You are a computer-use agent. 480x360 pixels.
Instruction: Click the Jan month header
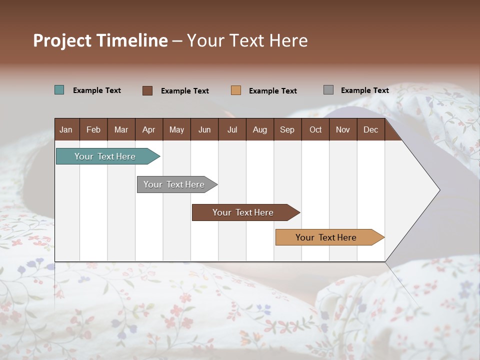tap(66, 129)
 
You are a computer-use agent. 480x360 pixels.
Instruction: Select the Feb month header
tap(93, 129)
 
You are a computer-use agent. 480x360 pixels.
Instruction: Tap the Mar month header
tap(121, 129)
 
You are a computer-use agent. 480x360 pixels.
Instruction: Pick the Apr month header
tap(149, 129)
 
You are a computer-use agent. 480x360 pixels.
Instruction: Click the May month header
tap(176, 129)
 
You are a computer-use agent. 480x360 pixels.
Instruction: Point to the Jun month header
tap(204, 129)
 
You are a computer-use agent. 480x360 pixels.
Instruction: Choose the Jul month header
tap(232, 129)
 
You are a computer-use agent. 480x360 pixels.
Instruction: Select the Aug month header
tap(260, 129)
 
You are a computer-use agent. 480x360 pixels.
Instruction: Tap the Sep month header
tap(287, 129)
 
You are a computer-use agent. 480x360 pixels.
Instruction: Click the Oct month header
tap(315, 129)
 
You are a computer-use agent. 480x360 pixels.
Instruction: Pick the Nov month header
tap(343, 129)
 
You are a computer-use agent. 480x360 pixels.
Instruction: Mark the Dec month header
tap(371, 129)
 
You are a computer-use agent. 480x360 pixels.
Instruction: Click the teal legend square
tap(59, 90)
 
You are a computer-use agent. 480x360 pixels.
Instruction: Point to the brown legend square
tap(147, 90)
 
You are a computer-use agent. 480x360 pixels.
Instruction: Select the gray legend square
tap(328, 90)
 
